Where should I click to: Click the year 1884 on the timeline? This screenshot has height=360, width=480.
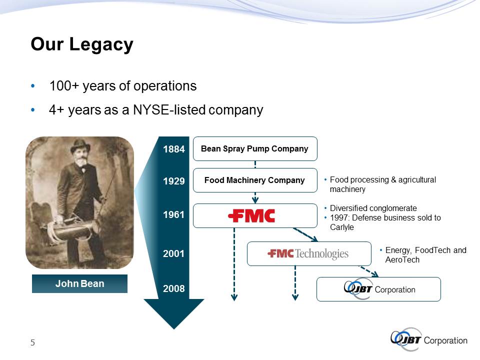click(174, 149)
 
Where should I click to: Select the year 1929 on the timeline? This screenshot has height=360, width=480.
click(174, 181)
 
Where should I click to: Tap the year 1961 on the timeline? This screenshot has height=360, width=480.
click(173, 214)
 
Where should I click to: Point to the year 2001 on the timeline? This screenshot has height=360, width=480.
click(173, 253)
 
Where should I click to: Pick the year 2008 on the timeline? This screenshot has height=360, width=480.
click(174, 288)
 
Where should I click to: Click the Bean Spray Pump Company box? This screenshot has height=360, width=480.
click(255, 149)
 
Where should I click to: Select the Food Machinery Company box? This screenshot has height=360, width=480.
click(255, 180)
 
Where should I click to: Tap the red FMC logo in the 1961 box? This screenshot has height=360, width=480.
click(251, 216)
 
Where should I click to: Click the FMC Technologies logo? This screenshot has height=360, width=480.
click(308, 253)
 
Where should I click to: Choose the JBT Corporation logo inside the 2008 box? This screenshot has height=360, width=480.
click(379, 288)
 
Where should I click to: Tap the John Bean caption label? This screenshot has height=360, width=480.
click(79, 284)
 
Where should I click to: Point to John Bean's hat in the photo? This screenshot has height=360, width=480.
click(80, 145)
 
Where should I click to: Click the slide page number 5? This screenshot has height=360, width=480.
click(33, 342)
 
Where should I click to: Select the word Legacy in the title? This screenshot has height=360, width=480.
click(101, 44)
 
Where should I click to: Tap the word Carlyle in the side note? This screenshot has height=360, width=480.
click(342, 227)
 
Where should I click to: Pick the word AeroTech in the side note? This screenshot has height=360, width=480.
click(402, 260)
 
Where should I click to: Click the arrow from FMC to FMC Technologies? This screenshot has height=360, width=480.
click(305, 235)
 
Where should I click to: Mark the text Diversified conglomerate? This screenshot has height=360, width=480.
click(373, 208)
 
